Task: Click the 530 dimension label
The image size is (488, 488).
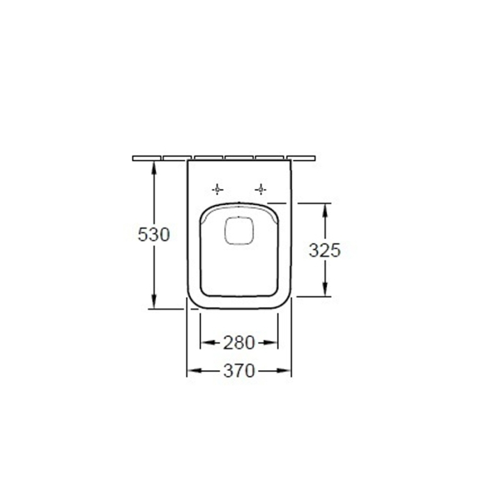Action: click(x=153, y=235)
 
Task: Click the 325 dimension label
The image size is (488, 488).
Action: click(x=325, y=250)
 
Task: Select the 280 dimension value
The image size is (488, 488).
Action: click(x=238, y=342)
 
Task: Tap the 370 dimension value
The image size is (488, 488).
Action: click(x=238, y=371)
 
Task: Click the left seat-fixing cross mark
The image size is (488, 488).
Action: click(x=218, y=189)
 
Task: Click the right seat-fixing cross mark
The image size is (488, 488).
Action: click(x=261, y=189)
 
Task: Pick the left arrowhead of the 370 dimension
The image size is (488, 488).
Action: click(x=192, y=371)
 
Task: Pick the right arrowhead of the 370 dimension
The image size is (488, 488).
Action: click(x=287, y=371)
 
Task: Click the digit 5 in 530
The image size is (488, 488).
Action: click(x=143, y=235)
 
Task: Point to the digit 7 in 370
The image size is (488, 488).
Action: click(x=238, y=371)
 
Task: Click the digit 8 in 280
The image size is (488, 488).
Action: click(x=238, y=342)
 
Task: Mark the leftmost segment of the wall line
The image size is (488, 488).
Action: click(x=147, y=158)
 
